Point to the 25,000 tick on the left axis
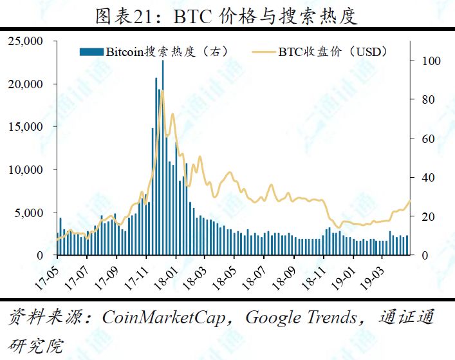pyautogui.click(x=25, y=42)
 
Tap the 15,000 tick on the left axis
pyautogui.click(x=25, y=127)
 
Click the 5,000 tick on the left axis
pyautogui.click(x=28, y=213)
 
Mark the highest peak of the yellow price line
pyautogui.click(x=162, y=92)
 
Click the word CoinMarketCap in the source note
pyautogui.click(x=168, y=317)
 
